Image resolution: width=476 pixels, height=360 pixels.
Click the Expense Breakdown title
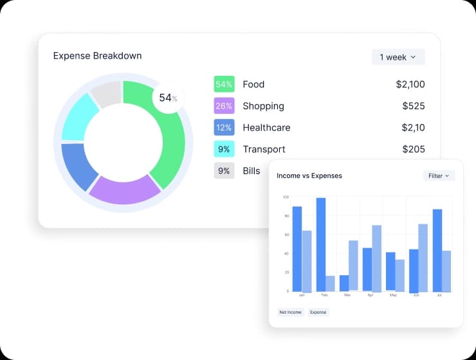click(x=97, y=56)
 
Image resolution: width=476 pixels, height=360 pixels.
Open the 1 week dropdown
click(x=398, y=57)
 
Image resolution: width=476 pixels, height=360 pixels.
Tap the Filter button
click(x=439, y=175)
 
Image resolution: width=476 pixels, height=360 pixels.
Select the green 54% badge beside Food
click(x=224, y=84)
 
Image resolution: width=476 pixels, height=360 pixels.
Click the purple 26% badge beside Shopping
click(x=224, y=106)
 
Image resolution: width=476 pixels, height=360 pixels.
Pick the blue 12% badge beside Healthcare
click(x=224, y=127)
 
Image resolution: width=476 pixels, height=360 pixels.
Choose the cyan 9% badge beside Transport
click(x=224, y=149)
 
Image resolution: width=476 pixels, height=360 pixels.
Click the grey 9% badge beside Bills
click(x=224, y=171)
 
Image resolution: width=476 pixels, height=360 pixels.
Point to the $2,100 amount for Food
click(x=410, y=84)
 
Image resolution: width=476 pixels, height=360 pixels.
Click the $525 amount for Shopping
click(x=413, y=106)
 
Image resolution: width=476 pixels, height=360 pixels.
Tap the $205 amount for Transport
click(x=413, y=149)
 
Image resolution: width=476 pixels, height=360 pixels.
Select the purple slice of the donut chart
click(x=124, y=191)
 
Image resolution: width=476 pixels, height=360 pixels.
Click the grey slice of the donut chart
click(x=105, y=94)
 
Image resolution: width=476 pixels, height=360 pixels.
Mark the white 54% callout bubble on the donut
click(x=168, y=98)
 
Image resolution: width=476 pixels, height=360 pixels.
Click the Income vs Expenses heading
click(x=309, y=175)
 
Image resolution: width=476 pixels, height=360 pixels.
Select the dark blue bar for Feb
click(x=321, y=244)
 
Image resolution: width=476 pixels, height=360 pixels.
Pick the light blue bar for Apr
click(x=377, y=258)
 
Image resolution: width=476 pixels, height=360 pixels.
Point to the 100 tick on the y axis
click(x=286, y=197)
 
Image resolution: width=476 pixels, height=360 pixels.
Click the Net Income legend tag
click(x=290, y=312)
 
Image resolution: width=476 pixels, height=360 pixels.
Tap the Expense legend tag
click(x=318, y=312)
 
